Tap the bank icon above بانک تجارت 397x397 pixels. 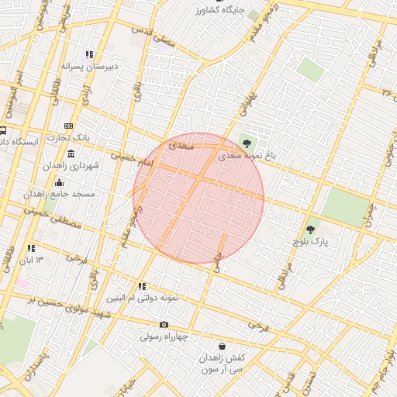point(69,126)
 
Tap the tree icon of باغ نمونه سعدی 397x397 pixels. point(247,143)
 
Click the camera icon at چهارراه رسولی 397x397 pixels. point(164,325)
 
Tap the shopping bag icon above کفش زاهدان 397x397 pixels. point(223,346)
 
